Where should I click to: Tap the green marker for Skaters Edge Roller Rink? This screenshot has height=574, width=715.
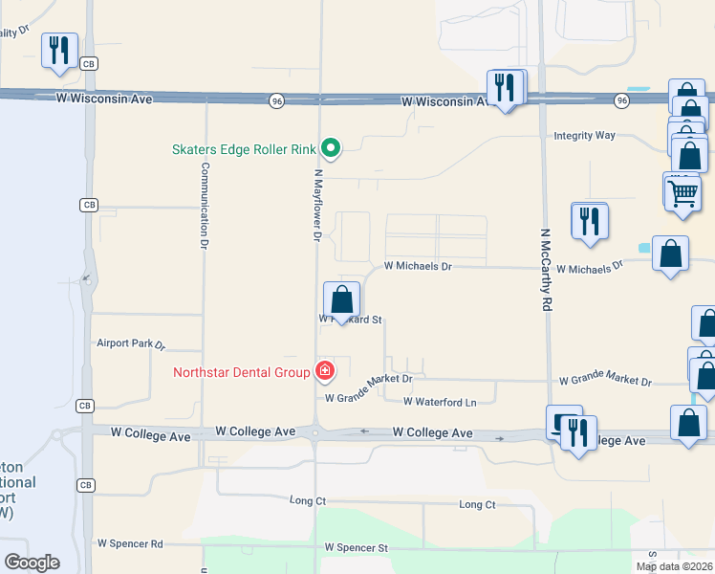tap(331, 147)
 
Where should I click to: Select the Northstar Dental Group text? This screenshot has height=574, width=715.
tap(241, 372)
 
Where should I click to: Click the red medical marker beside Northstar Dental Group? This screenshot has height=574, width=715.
tap(325, 371)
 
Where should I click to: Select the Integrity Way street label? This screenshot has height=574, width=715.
tap(585, 136)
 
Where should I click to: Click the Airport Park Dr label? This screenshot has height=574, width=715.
tap(131, 342)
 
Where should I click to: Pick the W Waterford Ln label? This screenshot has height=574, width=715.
tap(439, 403)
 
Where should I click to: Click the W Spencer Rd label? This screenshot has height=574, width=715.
tap(129, 543)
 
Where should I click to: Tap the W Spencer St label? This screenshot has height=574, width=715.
tap(357, 548)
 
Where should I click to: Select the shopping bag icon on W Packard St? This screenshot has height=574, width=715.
tap(342, 300)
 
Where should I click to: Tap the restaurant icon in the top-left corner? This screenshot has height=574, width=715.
tap(59, 51)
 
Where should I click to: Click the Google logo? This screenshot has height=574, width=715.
tap(32, 563)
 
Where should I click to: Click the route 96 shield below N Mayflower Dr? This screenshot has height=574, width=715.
tap(276, 100)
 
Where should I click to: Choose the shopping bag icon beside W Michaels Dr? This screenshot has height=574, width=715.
tap(671, 254)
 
